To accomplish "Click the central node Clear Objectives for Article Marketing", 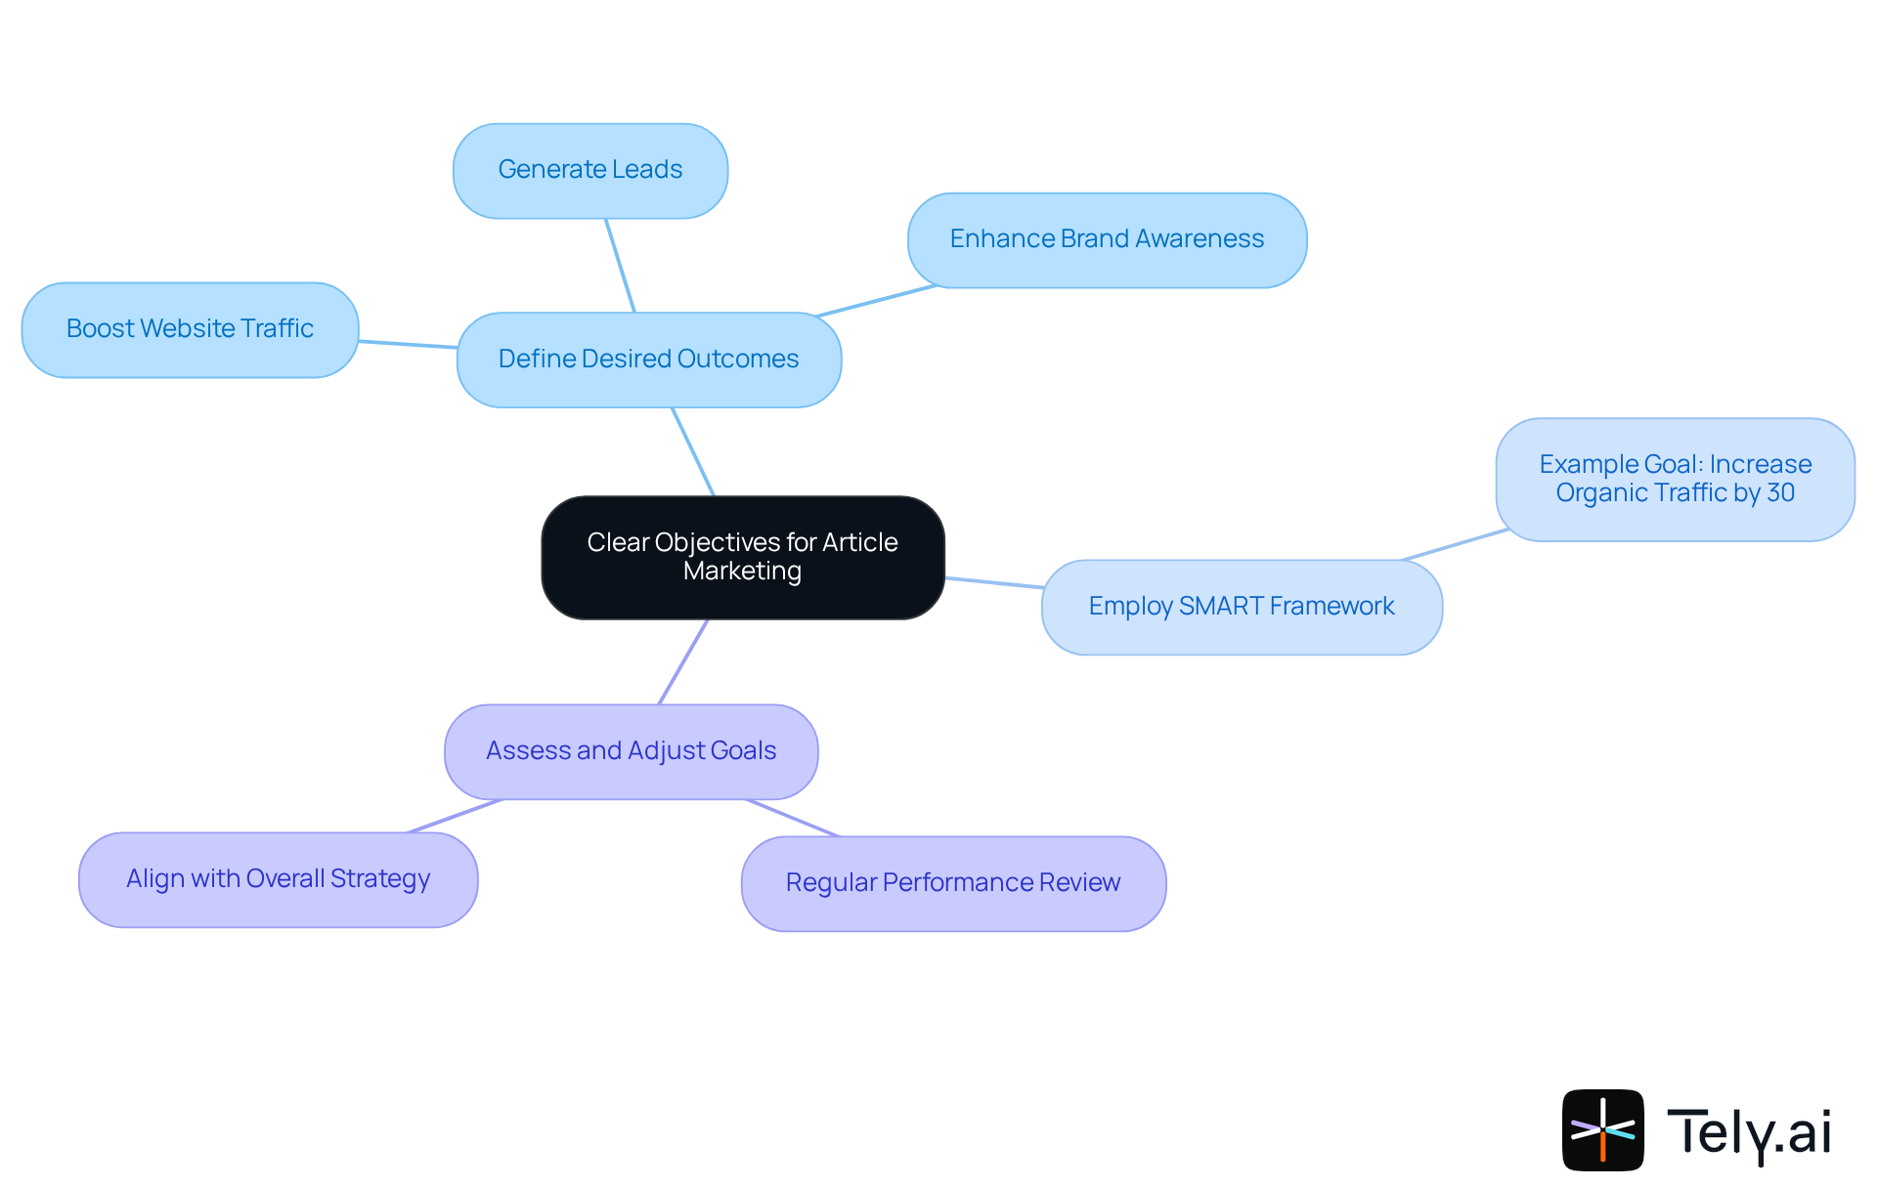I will pyautogui.click(x=743, y=557).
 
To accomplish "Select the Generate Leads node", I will pyautogui.click(x=590, y=170).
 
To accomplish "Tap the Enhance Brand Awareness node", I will pyautogui.click(x=1107, y=239).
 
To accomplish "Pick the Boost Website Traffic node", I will pyautogui.click(x=190, y=329).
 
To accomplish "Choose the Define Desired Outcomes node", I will pyautogui.click(x=648, y=360).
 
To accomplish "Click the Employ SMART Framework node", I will pyautogui.click(x=1242, y=607).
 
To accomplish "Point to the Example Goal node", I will pyautogui.click(x=1675, y=479).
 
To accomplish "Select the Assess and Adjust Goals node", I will pyautogui.click(x=631, y=751).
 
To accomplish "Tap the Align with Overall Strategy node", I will pyautogui.click(x=278, y=879).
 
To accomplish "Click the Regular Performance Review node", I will pyautogui.click(x=953, y=883).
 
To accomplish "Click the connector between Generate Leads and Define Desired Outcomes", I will pyautogui.click(x=620, y=265).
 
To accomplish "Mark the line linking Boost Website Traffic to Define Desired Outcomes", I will pyautogui.click(x=408, y=344).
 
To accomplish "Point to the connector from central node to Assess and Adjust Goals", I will pyautogui.click(x=683, y=661).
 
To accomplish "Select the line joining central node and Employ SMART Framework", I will pyautogui.click(x=993, y=582).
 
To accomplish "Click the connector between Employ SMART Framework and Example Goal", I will pyautogui.click(x=1455, y=545).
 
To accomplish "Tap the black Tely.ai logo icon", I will pyautogui.click(x=1602, y=1129).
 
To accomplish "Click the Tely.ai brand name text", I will pyautogui.click(x=1749, y=1131).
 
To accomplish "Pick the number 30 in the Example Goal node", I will pyautogui.click(x=1780, y=493).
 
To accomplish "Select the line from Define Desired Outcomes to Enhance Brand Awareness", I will pyautogui.click(x=876, y=301).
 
